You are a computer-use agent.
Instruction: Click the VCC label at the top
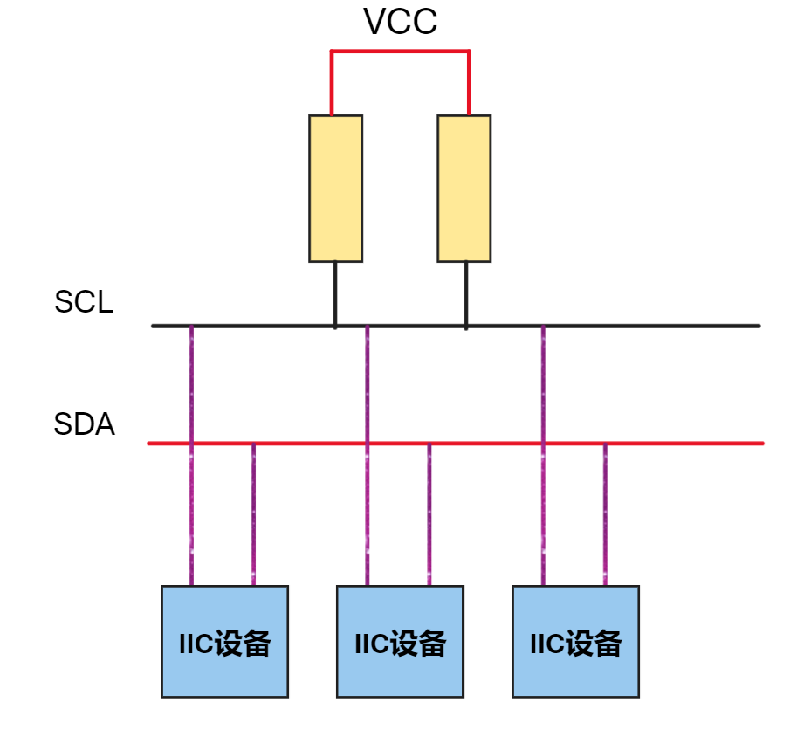(x=401, y=23)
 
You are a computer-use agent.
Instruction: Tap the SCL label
(x=84, y=303)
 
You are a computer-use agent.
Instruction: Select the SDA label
(x=84, y=425)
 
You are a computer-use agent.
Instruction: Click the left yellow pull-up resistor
(x=335, y=188)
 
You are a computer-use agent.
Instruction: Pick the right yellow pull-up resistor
(x=464, y=188)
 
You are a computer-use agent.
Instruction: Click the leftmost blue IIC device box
(x=224, y=642)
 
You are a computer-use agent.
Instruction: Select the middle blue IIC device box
(x=400, y=642)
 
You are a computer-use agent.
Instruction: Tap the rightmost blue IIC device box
(x=575, y=642)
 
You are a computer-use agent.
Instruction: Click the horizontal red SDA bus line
(x=698, y=444)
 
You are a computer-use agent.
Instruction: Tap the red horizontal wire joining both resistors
(x=400, y=52)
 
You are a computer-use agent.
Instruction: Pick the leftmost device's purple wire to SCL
(x=191, y=384)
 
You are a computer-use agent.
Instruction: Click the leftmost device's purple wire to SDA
(x=253, y=515)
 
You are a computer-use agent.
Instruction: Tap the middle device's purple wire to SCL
(x=367, y=384)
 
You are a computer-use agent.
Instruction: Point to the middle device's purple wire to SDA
(x=429, y=515)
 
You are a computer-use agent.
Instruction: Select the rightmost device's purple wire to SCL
(x=543, y=384)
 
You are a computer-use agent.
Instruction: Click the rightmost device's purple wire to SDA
(x=605, y=515)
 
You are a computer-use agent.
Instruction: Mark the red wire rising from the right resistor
(x=469, y=83)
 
